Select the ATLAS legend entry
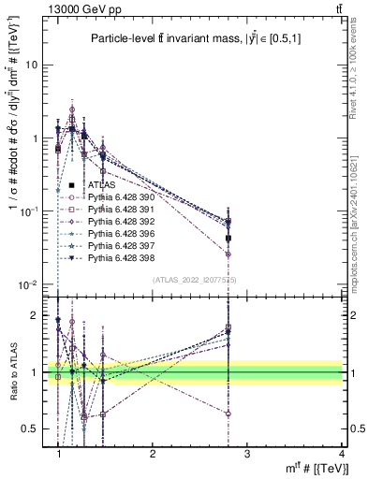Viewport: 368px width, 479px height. coord(101,185)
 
